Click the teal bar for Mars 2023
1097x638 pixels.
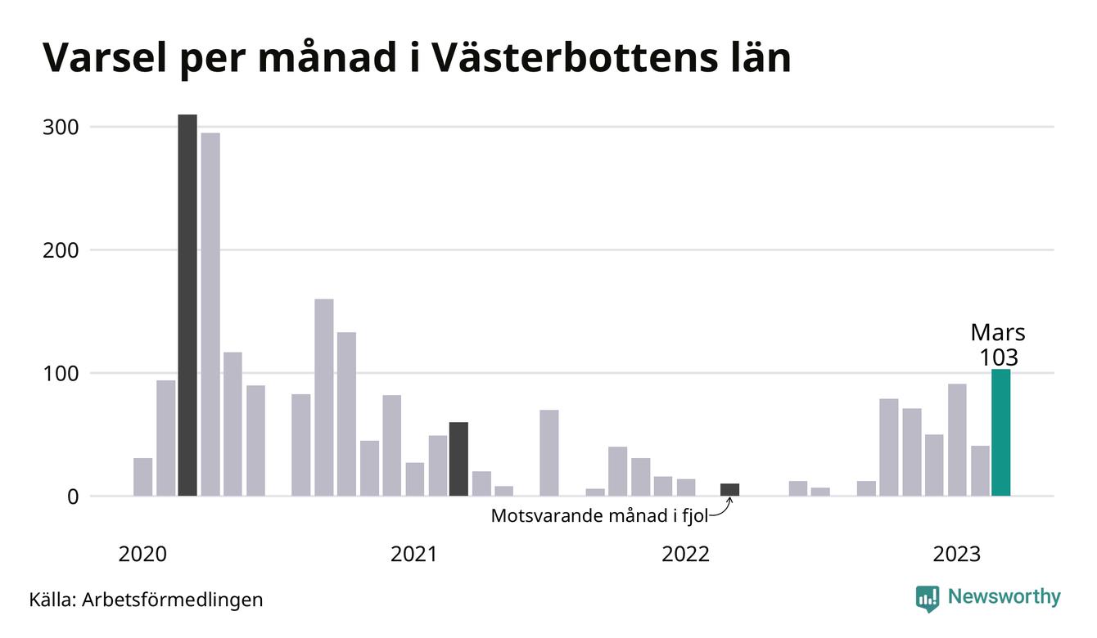pos(1000,433)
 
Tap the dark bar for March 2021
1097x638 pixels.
pos(458,459)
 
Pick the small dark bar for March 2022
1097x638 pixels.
pos(729,490)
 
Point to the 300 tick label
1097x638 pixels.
pos(61,128)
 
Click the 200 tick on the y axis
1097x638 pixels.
pos(61,250)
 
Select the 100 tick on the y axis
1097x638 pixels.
pos(61,374)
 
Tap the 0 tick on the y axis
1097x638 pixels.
pos(73,496)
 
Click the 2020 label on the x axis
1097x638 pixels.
pos(142,555)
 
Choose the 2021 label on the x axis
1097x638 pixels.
pos(414,555)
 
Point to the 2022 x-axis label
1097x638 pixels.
pos(685,555)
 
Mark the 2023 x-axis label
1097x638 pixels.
pos(956,555)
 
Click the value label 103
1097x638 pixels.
pos(999,357)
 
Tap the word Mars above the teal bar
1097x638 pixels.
pos(998,333)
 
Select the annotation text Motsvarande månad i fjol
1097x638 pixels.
pos(598,516)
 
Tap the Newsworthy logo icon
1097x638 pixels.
pos(927,598)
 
